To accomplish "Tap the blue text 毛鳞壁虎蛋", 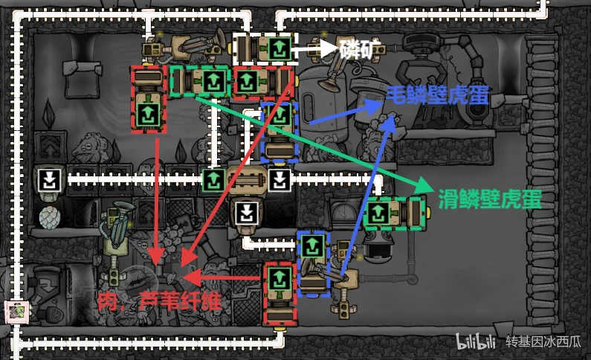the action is (438, 95).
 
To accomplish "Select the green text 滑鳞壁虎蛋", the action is (490, 199).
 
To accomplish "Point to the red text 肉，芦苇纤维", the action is (159, 301).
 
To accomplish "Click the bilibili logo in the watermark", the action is (475, 341).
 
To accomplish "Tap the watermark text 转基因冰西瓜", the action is (543, 341).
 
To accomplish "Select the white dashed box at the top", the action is (265, 48).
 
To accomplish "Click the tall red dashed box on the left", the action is (149, 99).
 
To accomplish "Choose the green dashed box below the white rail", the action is (394, 213).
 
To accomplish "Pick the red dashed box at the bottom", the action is (280, 294).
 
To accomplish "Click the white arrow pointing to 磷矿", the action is (314, 48).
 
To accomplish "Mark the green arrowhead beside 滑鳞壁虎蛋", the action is (424, 185).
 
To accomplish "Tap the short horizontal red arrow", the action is (222, 278).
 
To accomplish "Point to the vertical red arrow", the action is (157, 201).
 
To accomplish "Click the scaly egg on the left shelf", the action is (49, 218).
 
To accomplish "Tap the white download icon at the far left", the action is (50, 180).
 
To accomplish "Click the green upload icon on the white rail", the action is (214, 180).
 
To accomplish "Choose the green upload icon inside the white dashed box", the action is (280, 48).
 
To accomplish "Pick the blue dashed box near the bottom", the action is (314, 264).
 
